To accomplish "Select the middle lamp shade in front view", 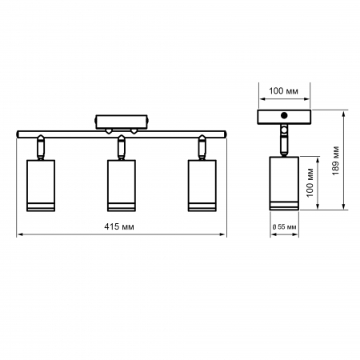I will point(122,186).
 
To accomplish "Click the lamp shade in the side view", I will point(283,185).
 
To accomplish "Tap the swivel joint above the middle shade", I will point(122,146).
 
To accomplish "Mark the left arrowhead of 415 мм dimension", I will point(19,234).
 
